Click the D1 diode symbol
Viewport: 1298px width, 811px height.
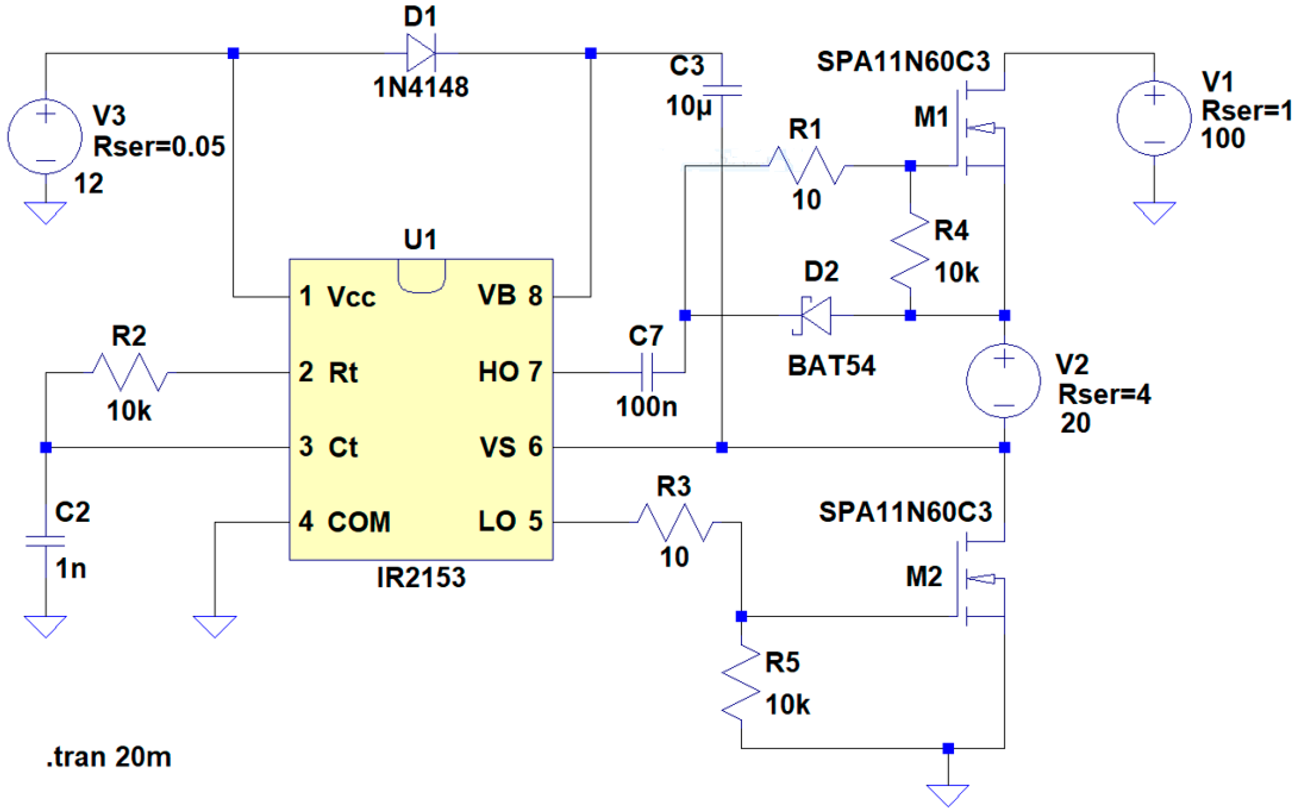click(421, 53)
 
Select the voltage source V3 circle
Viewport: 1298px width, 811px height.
click(45, 136)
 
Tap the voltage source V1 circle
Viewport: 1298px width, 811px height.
click(1154, 118)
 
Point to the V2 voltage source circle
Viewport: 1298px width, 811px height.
click(1004, 381)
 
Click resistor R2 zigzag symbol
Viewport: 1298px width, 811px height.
click(130, 372)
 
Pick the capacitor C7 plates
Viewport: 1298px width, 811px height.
click(647, 372)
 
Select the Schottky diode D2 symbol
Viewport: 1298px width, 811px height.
click(815, 315)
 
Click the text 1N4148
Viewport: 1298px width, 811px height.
click(421, 87)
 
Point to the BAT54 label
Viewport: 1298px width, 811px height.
click(831, 366)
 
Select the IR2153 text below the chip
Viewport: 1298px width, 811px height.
click(421, 577)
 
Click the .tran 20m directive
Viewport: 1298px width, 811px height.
click(109, 757)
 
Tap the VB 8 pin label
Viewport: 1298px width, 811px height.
click(509, 296)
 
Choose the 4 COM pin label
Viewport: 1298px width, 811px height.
click(345, 522)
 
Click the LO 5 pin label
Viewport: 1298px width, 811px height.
click(509, 521)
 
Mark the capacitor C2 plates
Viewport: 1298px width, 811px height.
click(45, 541)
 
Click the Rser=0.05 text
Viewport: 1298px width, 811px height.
click(159, 147)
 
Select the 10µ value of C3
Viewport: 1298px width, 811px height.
click(688, 106)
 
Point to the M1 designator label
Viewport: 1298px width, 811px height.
click(931, 117)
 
